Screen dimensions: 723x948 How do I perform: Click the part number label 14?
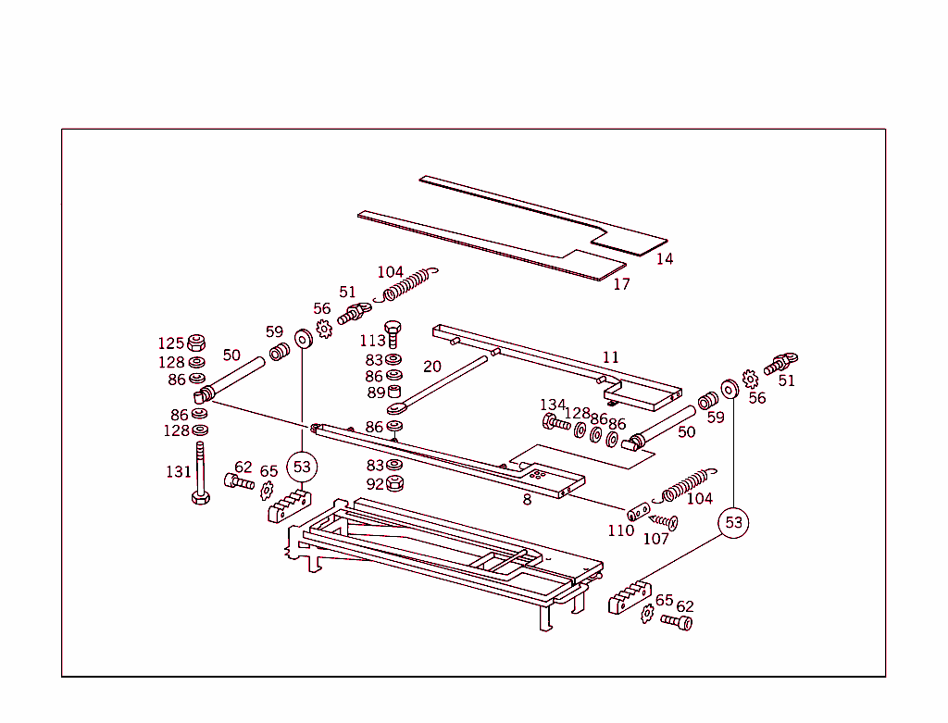coord(665,259)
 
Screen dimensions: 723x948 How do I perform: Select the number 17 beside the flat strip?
coord(621,284)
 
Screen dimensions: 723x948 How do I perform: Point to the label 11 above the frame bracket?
coord(610,357)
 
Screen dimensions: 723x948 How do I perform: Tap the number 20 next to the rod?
coord(432,367)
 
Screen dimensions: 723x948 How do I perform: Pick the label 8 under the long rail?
coord(527,500)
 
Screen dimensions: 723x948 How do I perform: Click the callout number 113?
coord(373,341)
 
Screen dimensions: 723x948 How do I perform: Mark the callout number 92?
coord(373,483)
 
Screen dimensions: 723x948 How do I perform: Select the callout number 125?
coord(170,344)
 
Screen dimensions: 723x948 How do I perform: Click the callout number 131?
coord(178,472)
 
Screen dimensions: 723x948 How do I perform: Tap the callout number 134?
coord(553,405)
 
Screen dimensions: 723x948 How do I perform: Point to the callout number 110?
coord(620,530)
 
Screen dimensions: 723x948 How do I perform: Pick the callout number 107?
coord(655,539)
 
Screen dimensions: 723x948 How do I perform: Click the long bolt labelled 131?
coord(200,473)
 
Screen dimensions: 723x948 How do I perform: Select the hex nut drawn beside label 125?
coord(196,342)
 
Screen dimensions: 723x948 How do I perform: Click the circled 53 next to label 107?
coord(733,523)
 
